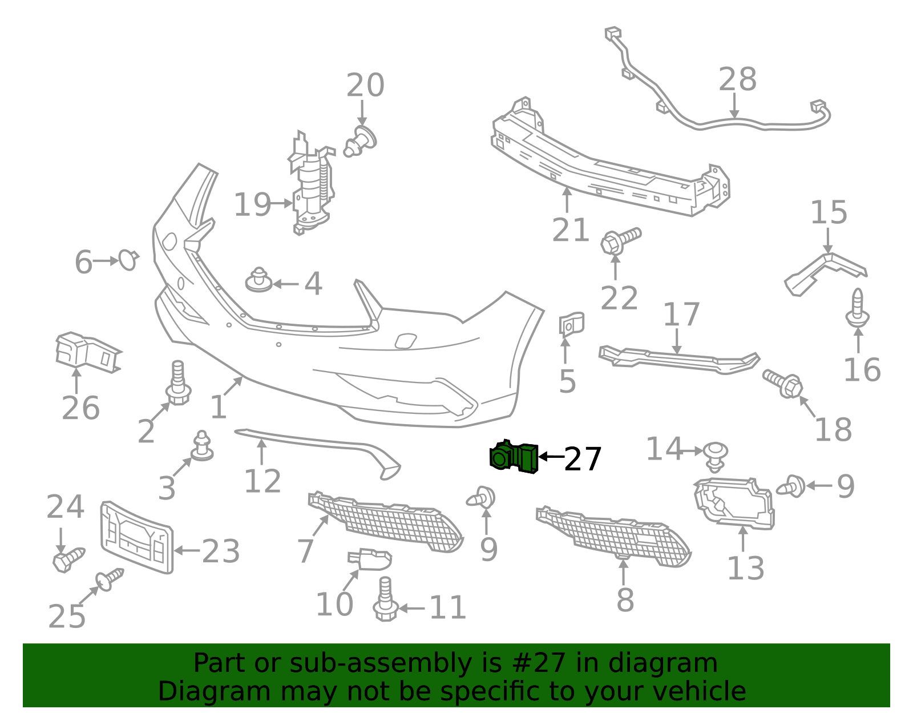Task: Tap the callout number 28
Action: click(x=737, y=79)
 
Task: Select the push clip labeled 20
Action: click(x=360, y=142)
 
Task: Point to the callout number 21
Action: click(x=570, y=230)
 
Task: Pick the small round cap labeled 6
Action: click(x=128, y=260)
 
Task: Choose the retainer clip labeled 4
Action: click(x=259, y=279)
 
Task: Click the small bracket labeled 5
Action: click(x=571, y=324)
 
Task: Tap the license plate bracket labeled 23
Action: click(x=137, y=537)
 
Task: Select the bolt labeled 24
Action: click(x=68, y=559)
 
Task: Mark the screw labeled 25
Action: click(x=109, y=580)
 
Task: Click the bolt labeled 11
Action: click(x=385, y=599)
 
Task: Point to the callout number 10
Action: click(x=334, y=604)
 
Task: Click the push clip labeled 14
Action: click(x=716, y=457)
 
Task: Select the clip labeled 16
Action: click(x=858, y=308)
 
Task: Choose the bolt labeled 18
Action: click(x=783, y=383)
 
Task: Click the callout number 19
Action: click(x=252, y=204)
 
